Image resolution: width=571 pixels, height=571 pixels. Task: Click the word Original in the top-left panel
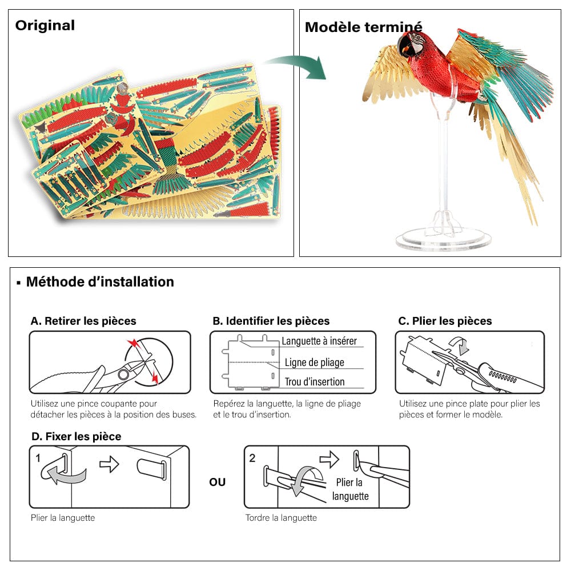point(45,26)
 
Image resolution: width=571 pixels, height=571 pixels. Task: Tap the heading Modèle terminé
point(363,27)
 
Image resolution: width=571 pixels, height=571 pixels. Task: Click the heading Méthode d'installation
point(100,282)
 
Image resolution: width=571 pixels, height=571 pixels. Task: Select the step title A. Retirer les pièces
point(83,321)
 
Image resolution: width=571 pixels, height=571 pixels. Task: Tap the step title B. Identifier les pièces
point(271,321)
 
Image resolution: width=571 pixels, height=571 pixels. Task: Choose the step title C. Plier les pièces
point(445,321)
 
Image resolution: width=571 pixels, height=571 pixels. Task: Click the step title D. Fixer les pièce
point(76,436)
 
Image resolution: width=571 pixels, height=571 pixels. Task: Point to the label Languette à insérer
point(319,341)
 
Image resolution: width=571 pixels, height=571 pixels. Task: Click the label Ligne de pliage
point(315,362)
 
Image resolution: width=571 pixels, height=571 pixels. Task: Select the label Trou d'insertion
point(315,381)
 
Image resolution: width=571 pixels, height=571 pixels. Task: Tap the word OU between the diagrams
point(217,482)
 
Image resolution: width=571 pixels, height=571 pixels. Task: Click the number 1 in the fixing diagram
point(38,458)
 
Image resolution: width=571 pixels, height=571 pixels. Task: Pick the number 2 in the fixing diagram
point(252,458)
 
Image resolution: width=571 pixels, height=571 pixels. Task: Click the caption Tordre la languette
point(281,518)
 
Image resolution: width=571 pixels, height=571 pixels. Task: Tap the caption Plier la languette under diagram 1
point(63,518)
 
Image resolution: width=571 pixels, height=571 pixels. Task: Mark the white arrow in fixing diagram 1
point(109,464)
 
